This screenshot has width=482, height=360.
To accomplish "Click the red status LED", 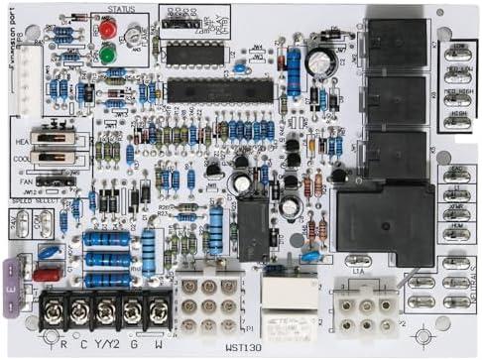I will click(x=106, y=30).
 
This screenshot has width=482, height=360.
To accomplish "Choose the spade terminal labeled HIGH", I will click(x=459, y=121).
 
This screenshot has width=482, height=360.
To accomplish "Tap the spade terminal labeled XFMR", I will click(x=459, y=196).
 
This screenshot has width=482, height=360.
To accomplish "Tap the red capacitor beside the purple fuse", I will click(x=46, y=274).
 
